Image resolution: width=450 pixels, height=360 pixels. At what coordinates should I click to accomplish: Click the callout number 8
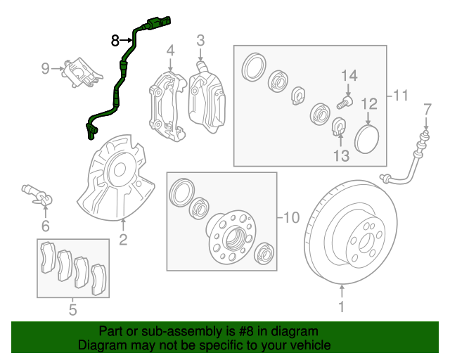[x=115, y=41]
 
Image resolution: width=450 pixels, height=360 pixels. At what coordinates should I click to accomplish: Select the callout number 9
[x=46, y=68]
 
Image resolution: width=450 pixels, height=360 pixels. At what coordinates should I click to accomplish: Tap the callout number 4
[x=169, y=51]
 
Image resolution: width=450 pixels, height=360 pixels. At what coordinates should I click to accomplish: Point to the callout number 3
[x=200, y=40]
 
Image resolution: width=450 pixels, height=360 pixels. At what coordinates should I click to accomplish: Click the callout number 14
[x=349, y=76]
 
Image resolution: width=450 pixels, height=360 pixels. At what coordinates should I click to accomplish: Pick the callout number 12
[x=370, y=104]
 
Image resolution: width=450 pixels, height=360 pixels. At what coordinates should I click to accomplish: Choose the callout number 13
[x=341, y=155]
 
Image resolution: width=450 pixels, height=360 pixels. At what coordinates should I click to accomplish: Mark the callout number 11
[x=400, y=95]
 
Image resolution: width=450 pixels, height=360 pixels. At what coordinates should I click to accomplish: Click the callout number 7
[x=426, y=108]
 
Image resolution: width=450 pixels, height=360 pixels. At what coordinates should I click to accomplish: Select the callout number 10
[x=291, y=217]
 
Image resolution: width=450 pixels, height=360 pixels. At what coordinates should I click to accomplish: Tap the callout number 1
[x=342, y=307]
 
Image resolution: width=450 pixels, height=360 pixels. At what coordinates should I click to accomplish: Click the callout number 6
[x=45, y=226]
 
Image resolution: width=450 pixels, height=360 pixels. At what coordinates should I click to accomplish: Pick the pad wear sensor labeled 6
[x=35, y=192]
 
